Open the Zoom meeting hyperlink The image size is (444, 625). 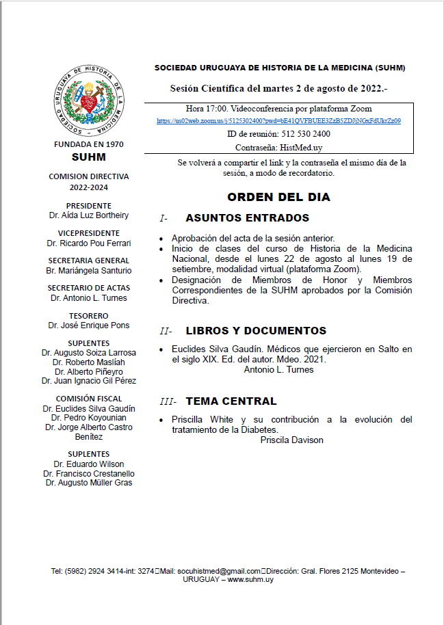(278, 120)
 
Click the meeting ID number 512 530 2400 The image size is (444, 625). (295, 134)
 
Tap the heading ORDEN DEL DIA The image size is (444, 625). (278, 197)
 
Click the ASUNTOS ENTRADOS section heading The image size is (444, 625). (247, 218)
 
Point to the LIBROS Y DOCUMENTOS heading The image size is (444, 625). (256, 331)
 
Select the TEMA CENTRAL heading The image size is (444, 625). (231, 401)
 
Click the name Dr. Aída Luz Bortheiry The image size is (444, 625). (89, 215)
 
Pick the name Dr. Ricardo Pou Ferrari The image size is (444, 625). (89, 243)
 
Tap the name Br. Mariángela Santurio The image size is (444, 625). (89, 270)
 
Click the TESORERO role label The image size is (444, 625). (89, 316)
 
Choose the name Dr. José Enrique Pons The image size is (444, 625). (89, 325)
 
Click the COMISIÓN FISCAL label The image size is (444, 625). (89, 399)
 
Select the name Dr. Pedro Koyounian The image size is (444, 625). (89, 418)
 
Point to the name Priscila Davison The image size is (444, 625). (291, 440)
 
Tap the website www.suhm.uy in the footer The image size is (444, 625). (250, 579)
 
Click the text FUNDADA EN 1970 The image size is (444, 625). (89, 145)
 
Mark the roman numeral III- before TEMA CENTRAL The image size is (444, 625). (168, 402)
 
